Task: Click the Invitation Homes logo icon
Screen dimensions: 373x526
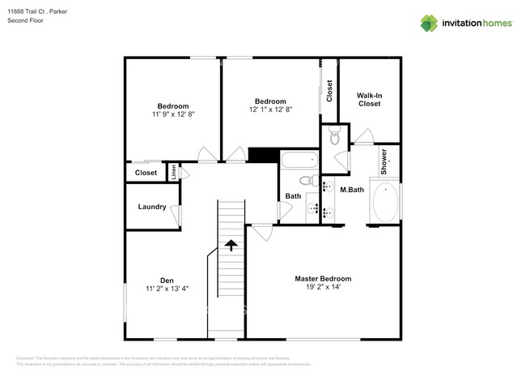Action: pyautogui.click(x=428, y=23)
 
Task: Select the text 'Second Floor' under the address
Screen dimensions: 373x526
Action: pyautogui.click(x=27, y=20)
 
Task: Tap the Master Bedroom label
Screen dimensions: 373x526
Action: pyautogui.click(x=323, y=278)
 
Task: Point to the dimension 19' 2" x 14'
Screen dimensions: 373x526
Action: pyautogui.click(x=323, y=287)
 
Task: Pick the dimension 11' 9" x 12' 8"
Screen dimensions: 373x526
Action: pyautogui.click(x=172, y=114)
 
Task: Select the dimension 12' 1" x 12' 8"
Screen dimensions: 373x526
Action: pyautogui.click(x=270, y=109)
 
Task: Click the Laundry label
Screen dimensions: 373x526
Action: pyautogui.click(x=151, y=207)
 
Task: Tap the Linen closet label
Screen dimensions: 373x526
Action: pyautogui.click(x=173, y=172)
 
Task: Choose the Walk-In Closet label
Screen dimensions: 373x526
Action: pyautogui.click(x=369, y=100)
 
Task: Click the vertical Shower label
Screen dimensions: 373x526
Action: pyautogui.click(x=384, y=161)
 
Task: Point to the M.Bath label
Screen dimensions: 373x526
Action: pyautogui.click(x=351, y=190)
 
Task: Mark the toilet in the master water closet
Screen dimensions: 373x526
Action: pyautogui.click(x=334, y=135)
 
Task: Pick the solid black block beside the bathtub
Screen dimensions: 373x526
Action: pyautogui.click(x=263, y=156)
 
